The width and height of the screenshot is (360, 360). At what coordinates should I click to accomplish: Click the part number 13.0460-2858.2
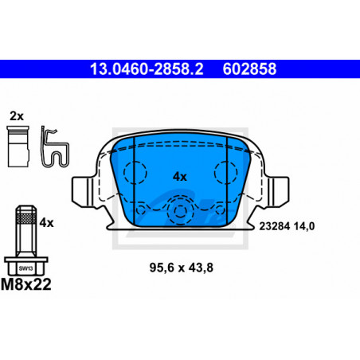(x=147, y=69)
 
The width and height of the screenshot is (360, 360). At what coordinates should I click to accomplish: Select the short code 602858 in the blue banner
(x=249, y=69)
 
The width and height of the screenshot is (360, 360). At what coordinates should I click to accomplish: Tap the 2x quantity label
(x=17, y=116)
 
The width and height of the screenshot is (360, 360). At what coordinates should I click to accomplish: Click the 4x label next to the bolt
(x=46, y=223)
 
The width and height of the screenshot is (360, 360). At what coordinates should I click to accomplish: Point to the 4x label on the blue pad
(x=180, y=177)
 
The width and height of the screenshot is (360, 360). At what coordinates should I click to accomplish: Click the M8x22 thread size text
(x=26, y=284)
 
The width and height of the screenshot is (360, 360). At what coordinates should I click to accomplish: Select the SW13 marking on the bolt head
(x=25, y=268)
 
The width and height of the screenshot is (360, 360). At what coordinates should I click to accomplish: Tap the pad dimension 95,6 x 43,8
(x=182, y=268)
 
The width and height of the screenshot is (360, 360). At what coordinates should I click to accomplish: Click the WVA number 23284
(x=275, y=226)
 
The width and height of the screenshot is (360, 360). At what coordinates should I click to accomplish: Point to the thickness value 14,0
(x=304, y=226)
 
